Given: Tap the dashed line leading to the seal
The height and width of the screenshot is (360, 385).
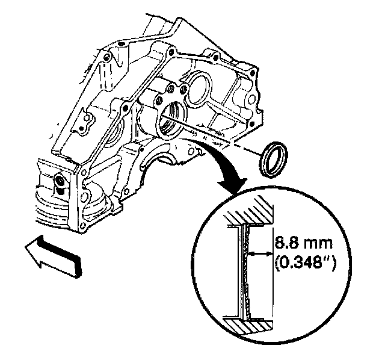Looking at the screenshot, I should click(223, 140).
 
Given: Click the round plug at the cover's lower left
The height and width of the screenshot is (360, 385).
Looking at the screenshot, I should click(60, 181).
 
